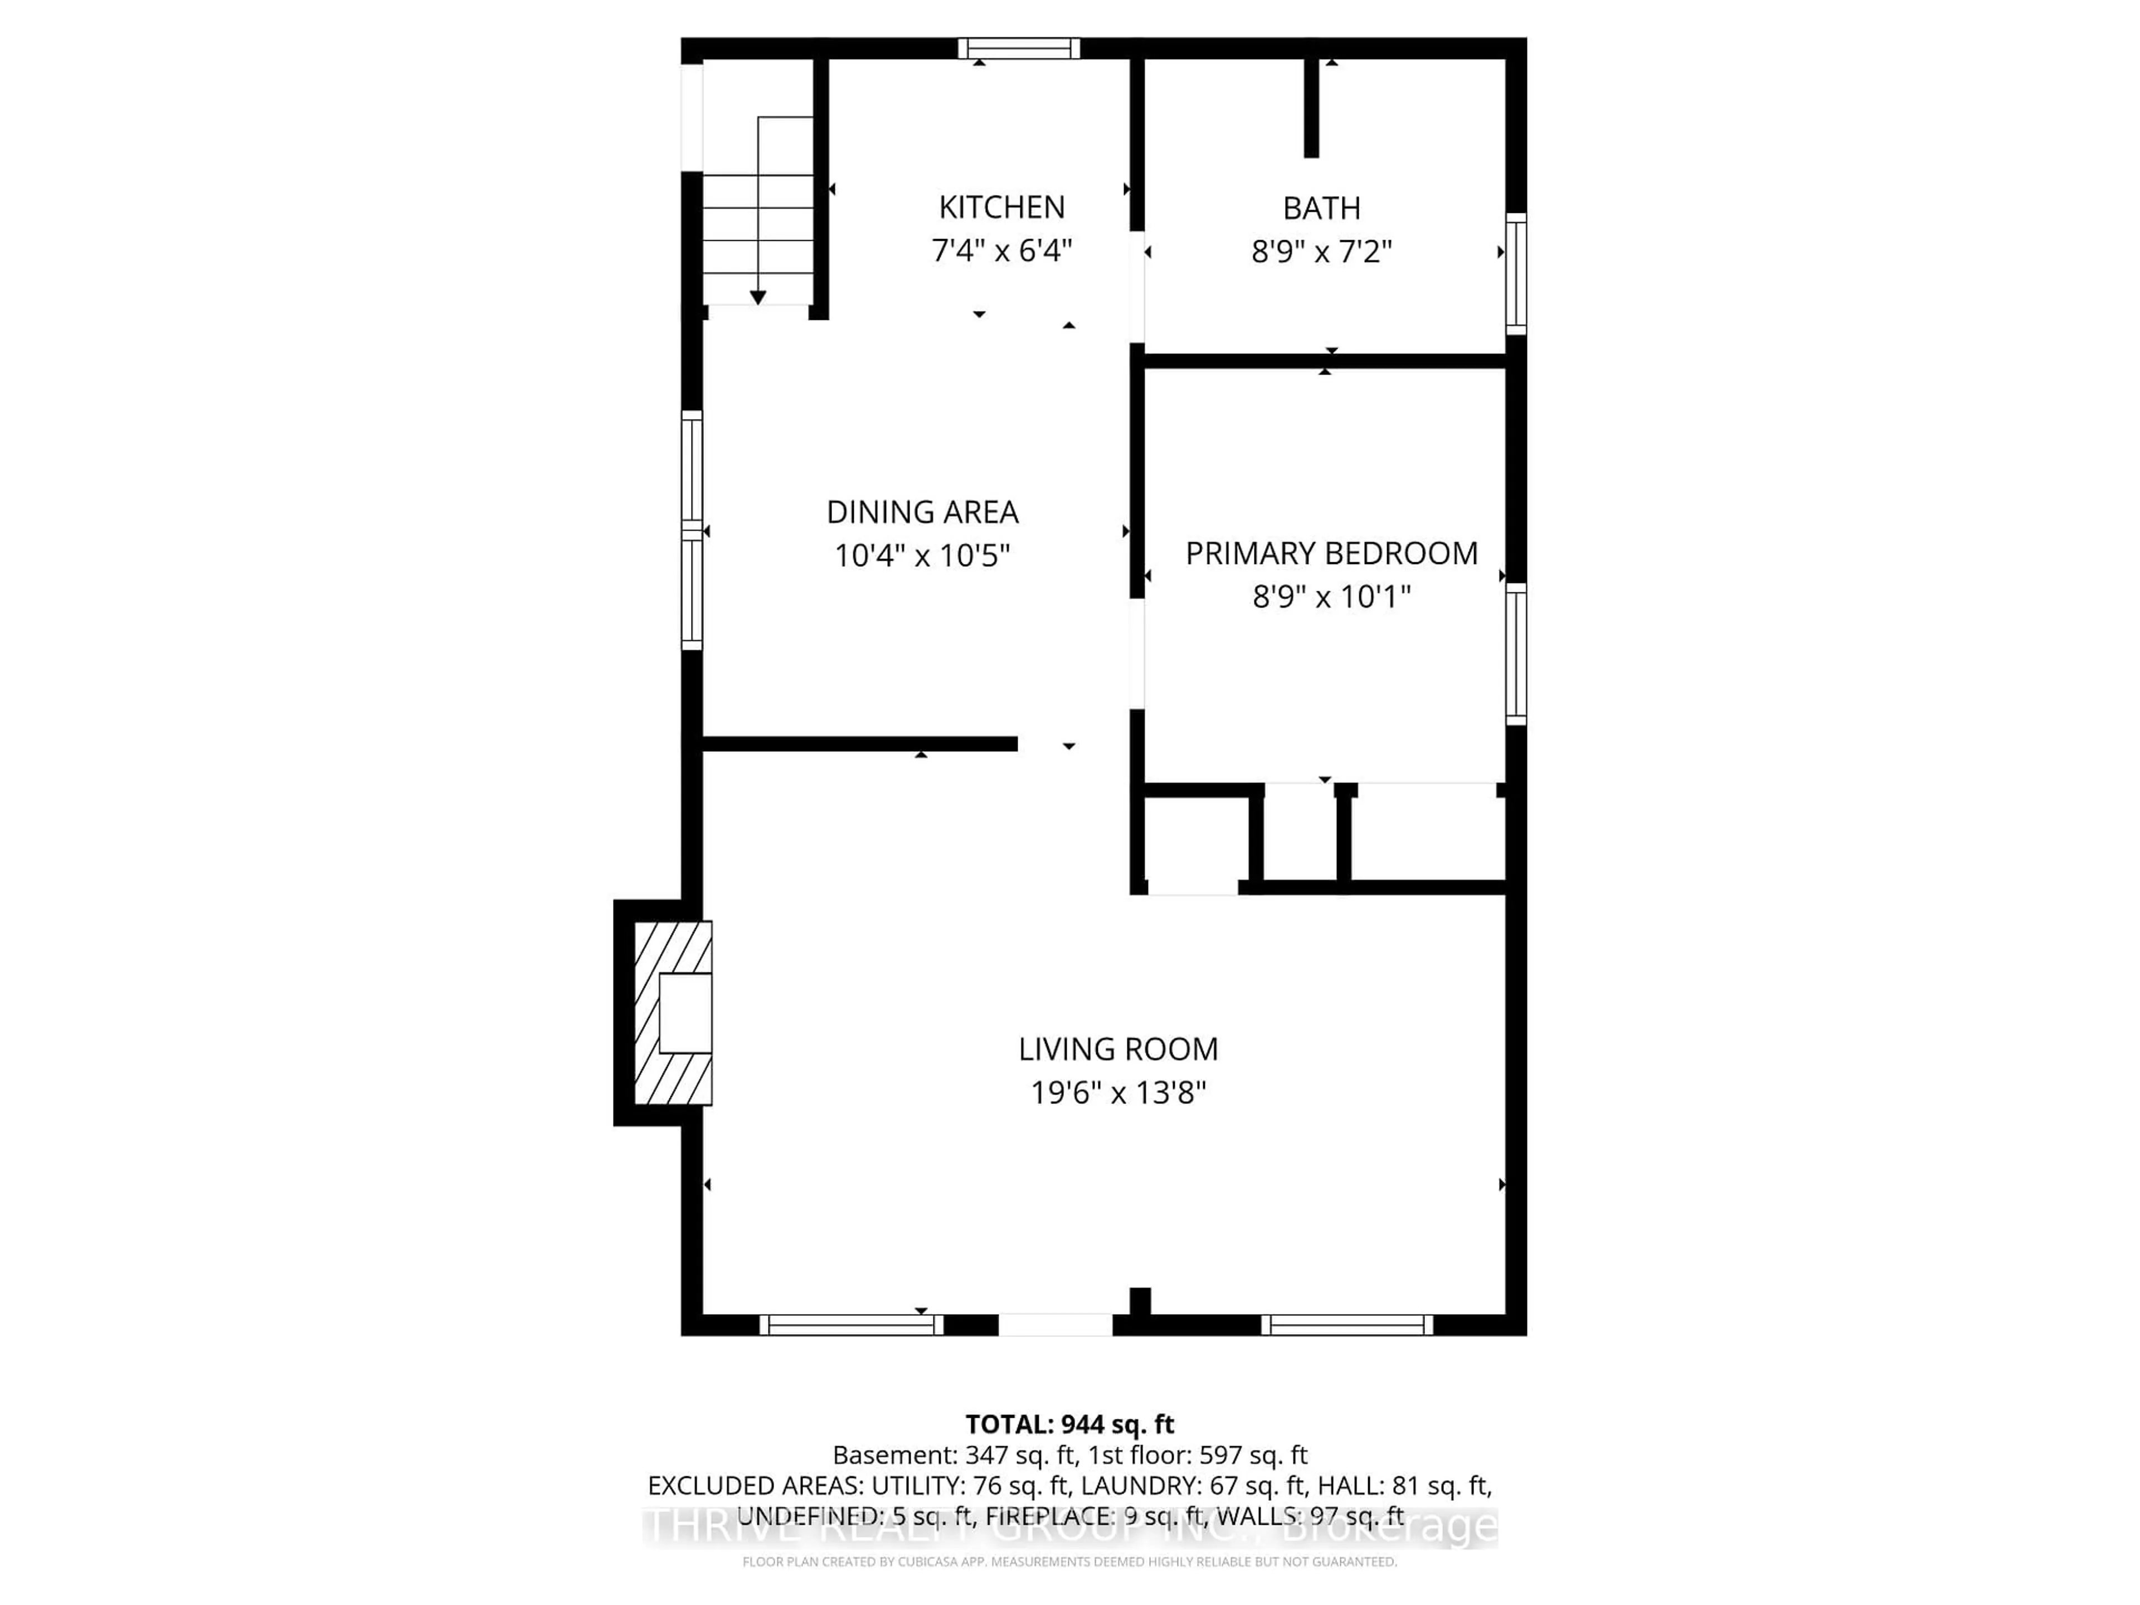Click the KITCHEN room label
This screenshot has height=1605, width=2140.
1001,207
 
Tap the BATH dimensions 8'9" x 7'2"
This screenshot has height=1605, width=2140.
1321,251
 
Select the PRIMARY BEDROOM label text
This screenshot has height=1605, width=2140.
1331,553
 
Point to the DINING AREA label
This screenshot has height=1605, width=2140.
922,512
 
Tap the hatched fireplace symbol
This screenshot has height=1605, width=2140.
673,1012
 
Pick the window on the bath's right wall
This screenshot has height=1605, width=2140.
1516,274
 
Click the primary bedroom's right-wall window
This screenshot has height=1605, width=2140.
1516,654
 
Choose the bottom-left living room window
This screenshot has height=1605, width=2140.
850,1325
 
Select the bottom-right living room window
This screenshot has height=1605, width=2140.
1346,1325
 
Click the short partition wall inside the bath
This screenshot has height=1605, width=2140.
1311,106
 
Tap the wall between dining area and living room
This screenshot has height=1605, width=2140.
859,743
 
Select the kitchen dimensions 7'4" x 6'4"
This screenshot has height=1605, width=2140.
1001,251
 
